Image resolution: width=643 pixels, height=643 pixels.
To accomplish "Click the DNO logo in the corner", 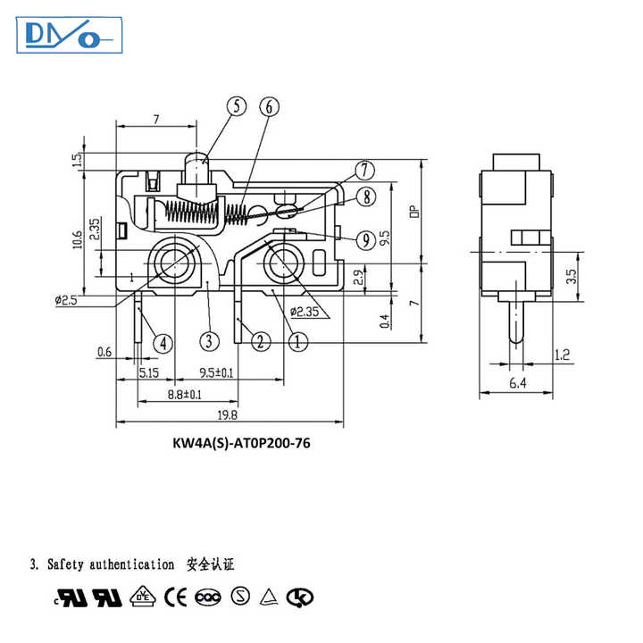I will [x=68, y=36].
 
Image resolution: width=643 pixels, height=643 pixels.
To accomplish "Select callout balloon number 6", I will [x=269, y=106].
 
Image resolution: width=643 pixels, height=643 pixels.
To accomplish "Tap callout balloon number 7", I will [x=364, y=171].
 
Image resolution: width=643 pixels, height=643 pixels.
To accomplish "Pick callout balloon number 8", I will [x=364, y=196].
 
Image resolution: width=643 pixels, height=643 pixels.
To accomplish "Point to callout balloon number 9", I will [x=364, y=238].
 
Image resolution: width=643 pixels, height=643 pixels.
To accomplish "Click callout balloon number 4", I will [x=162, y=341].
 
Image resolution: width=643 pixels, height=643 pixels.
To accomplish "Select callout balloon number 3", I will [x=207, y=340].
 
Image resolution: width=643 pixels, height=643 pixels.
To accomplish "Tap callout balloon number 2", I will [x=260, y=340].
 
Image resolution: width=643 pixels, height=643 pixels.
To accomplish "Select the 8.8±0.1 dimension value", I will [x=184, y=394].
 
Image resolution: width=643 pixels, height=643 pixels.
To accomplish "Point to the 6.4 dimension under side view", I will [x=517, y=384].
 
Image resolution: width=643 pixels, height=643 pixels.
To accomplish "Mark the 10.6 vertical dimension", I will [x=78, y=239].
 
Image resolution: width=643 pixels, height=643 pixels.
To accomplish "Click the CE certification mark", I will [x=180, y=597].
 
